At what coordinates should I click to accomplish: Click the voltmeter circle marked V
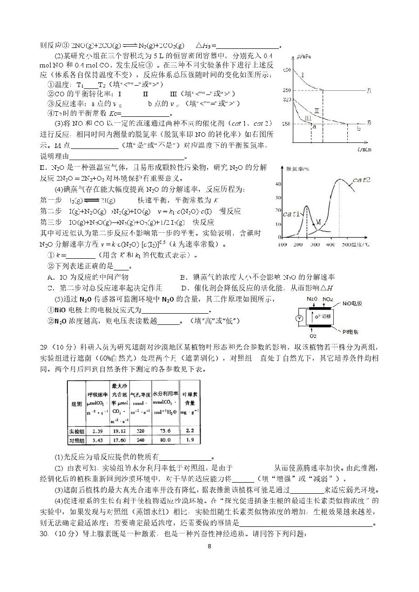pyautogui.click(x=300, y=318)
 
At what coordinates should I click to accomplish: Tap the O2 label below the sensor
pyautogui.click(x=312, y=336)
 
